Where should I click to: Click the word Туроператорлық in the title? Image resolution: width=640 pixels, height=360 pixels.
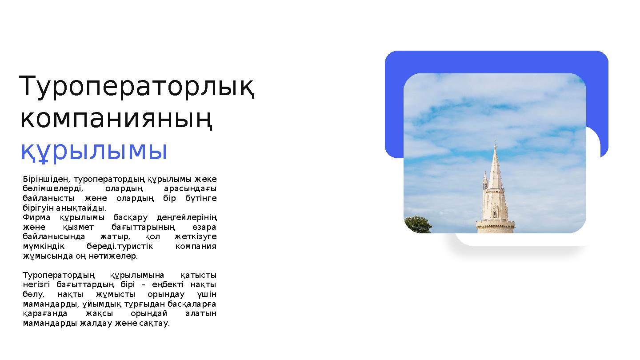click(x=137, y=87)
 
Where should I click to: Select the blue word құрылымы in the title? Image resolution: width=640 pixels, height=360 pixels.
click(x=94, y=151)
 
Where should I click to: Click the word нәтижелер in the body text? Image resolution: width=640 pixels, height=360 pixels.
click(x=117, y=256)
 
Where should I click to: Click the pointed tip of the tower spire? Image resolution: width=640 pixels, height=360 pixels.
click(x=495, y=144)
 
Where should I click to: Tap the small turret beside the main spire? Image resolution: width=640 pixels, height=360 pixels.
click(x=485, y=180)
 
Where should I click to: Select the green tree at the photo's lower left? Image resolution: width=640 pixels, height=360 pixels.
click(x=418, y=224)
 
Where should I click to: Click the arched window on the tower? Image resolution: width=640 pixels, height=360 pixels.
click(x=495, y=208)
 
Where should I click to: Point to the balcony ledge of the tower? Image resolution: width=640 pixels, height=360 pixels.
click(x=495, y=222)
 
